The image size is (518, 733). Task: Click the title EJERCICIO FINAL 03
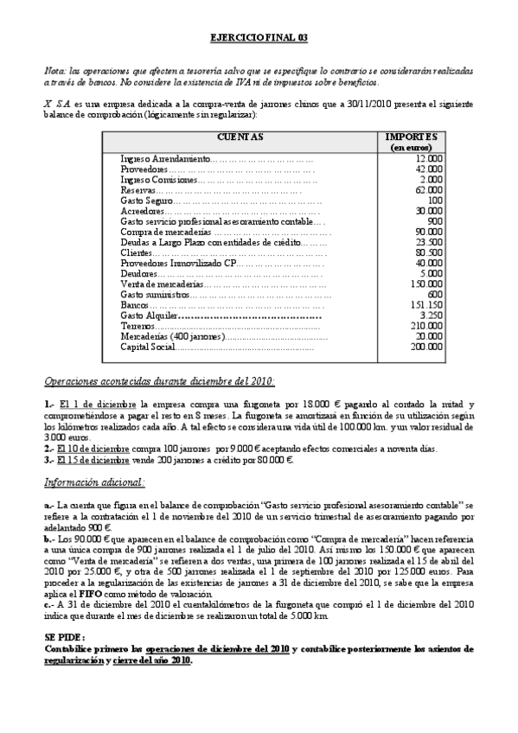click(x=259, y=39)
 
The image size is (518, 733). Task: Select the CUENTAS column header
click(x=239, y=137)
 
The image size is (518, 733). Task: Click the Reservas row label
click(x=137, y=190)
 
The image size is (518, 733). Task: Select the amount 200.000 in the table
click(x=426, y=347)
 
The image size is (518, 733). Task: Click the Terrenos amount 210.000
click(x=426, y=326)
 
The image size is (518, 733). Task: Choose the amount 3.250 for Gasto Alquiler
click(x=430, y=316)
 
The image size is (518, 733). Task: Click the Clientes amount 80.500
click(x=429, y=252)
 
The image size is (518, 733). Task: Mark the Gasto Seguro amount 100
click(x=435, y=201)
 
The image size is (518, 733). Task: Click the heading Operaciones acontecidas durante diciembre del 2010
click(x=160, y=381)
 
